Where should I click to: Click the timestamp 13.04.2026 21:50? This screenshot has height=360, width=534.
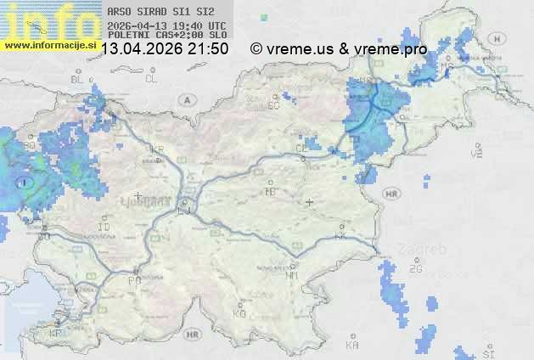coord(164,48)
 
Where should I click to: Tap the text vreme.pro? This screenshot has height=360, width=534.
coord(391,48)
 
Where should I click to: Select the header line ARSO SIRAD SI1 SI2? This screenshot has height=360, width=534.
coord(155,12)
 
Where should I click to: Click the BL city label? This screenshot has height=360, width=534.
coord(78,79)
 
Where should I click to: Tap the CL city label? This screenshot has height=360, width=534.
coord(151,79)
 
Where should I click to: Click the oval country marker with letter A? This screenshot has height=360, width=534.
coord(185,99)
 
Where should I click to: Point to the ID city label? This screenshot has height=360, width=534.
coord(104,228)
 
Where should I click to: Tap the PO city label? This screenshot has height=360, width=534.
coord(134,279)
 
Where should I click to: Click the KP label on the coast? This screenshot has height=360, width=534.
coord(56,334)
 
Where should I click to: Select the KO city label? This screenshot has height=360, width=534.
coord(239,313)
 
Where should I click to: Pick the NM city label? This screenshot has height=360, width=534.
coord(293,274)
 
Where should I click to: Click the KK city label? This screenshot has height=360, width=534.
coord(340,236)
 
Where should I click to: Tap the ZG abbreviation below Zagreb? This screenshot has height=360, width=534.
coord(415,269)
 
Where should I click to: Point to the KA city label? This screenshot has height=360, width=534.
coord(352,345)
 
